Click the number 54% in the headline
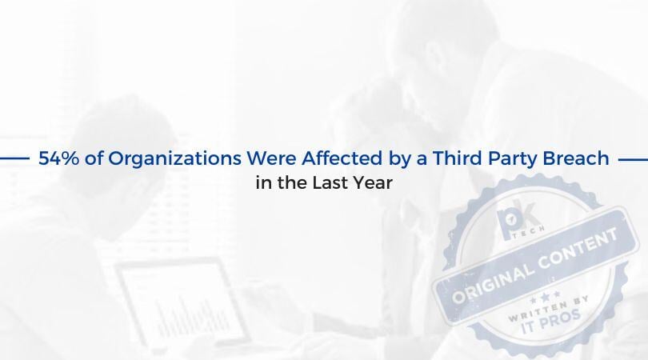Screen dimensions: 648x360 pos(58,158)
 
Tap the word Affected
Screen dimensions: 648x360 pos(342,158)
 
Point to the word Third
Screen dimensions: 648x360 pos(457,158)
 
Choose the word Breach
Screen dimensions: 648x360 pos(576,158)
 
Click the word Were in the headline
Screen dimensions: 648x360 pos(271,158)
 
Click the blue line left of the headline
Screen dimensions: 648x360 pos(14,158)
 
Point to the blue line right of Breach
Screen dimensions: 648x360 pos(633,159)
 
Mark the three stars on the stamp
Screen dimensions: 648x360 pos(545,296)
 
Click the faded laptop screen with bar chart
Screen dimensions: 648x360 pos(182,300)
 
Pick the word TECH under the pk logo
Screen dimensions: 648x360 pos(528,232)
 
